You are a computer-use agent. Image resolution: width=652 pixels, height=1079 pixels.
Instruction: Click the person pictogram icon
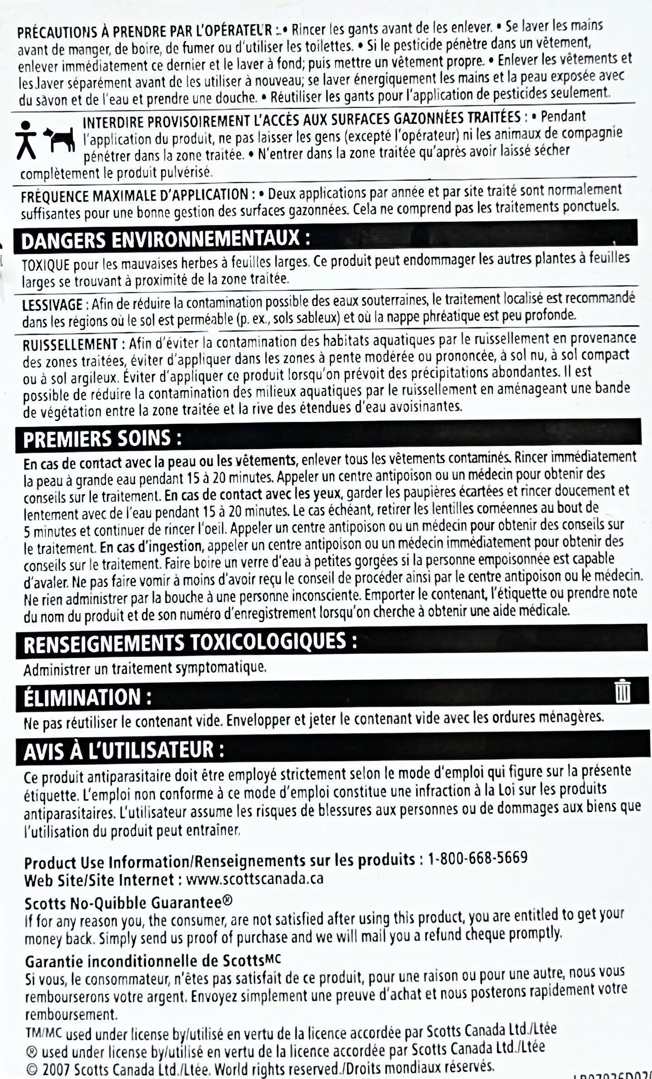[x=27, y=140]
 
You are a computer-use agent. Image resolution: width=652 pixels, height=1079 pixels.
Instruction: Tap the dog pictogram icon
[x=61, y=139]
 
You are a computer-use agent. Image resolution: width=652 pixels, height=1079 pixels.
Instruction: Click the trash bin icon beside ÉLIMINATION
[x=622, y=692]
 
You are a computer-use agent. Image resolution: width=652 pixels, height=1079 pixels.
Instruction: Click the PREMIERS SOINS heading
[x=103, y=438]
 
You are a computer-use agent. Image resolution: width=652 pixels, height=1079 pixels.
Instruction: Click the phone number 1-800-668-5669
[x=477, y=858]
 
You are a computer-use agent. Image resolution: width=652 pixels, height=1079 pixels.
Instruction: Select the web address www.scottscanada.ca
[x=255, y=878]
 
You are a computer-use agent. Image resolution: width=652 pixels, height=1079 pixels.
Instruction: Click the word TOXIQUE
[x=45, y=265]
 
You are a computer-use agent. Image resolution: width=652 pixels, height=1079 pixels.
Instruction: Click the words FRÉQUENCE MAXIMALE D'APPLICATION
[x=135, y=196]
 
